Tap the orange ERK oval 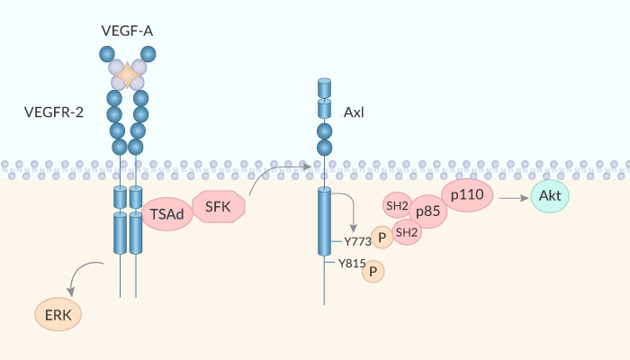click(58, 314)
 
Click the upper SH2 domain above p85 click(396, 205)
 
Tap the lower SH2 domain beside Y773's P click(407, 232)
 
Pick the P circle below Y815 click(373, 272)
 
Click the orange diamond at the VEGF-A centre click(129, 76)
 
